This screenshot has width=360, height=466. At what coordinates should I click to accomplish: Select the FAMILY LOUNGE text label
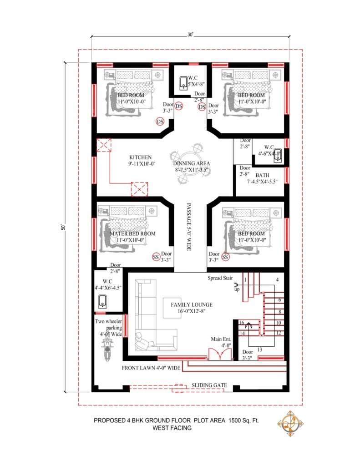pos(192,305)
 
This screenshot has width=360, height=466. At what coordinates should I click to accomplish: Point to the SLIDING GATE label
pos(209,385)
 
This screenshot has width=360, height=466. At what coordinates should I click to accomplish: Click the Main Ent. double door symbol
pos(214,354)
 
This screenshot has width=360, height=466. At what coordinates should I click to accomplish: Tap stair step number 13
pos(259,349)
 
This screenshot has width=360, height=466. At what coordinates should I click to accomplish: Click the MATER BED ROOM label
pos(132,233)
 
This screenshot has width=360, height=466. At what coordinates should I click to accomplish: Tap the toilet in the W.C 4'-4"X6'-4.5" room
pos(103,301)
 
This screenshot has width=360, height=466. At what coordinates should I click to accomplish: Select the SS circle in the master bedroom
pos(156,257)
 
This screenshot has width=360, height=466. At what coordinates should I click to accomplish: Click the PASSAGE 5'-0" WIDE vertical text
pos(188,228)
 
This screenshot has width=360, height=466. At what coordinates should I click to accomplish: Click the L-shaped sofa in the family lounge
pos(148,319)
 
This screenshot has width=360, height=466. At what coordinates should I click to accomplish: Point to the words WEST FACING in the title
pos(172,428)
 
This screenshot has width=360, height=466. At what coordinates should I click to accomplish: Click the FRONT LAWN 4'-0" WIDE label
pos(152,367)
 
